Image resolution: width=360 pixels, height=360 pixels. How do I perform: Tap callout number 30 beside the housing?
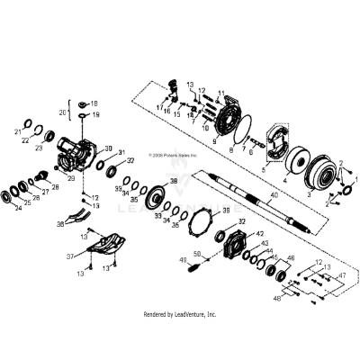click(x=108, y=148)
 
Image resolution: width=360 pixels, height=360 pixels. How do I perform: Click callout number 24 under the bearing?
click(x=19, y=206)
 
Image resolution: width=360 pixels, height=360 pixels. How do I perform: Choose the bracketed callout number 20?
click(x=62, y=112)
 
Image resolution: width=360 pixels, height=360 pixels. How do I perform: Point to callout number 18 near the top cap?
click(x=95, y=103)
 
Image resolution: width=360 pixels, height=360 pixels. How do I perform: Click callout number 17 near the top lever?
click(x=157, y=108)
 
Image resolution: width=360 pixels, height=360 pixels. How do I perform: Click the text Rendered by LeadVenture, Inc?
click(x=180, y=314)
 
